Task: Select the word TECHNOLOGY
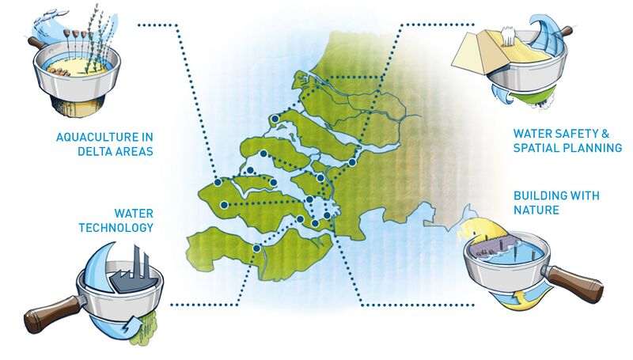tap(116, 228)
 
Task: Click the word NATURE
tap(536, 210)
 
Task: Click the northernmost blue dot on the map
tap(275, 119)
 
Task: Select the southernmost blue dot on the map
tap(256, 248)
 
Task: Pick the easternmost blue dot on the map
tap(352, 162)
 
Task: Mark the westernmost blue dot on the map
tap(218, 182)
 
